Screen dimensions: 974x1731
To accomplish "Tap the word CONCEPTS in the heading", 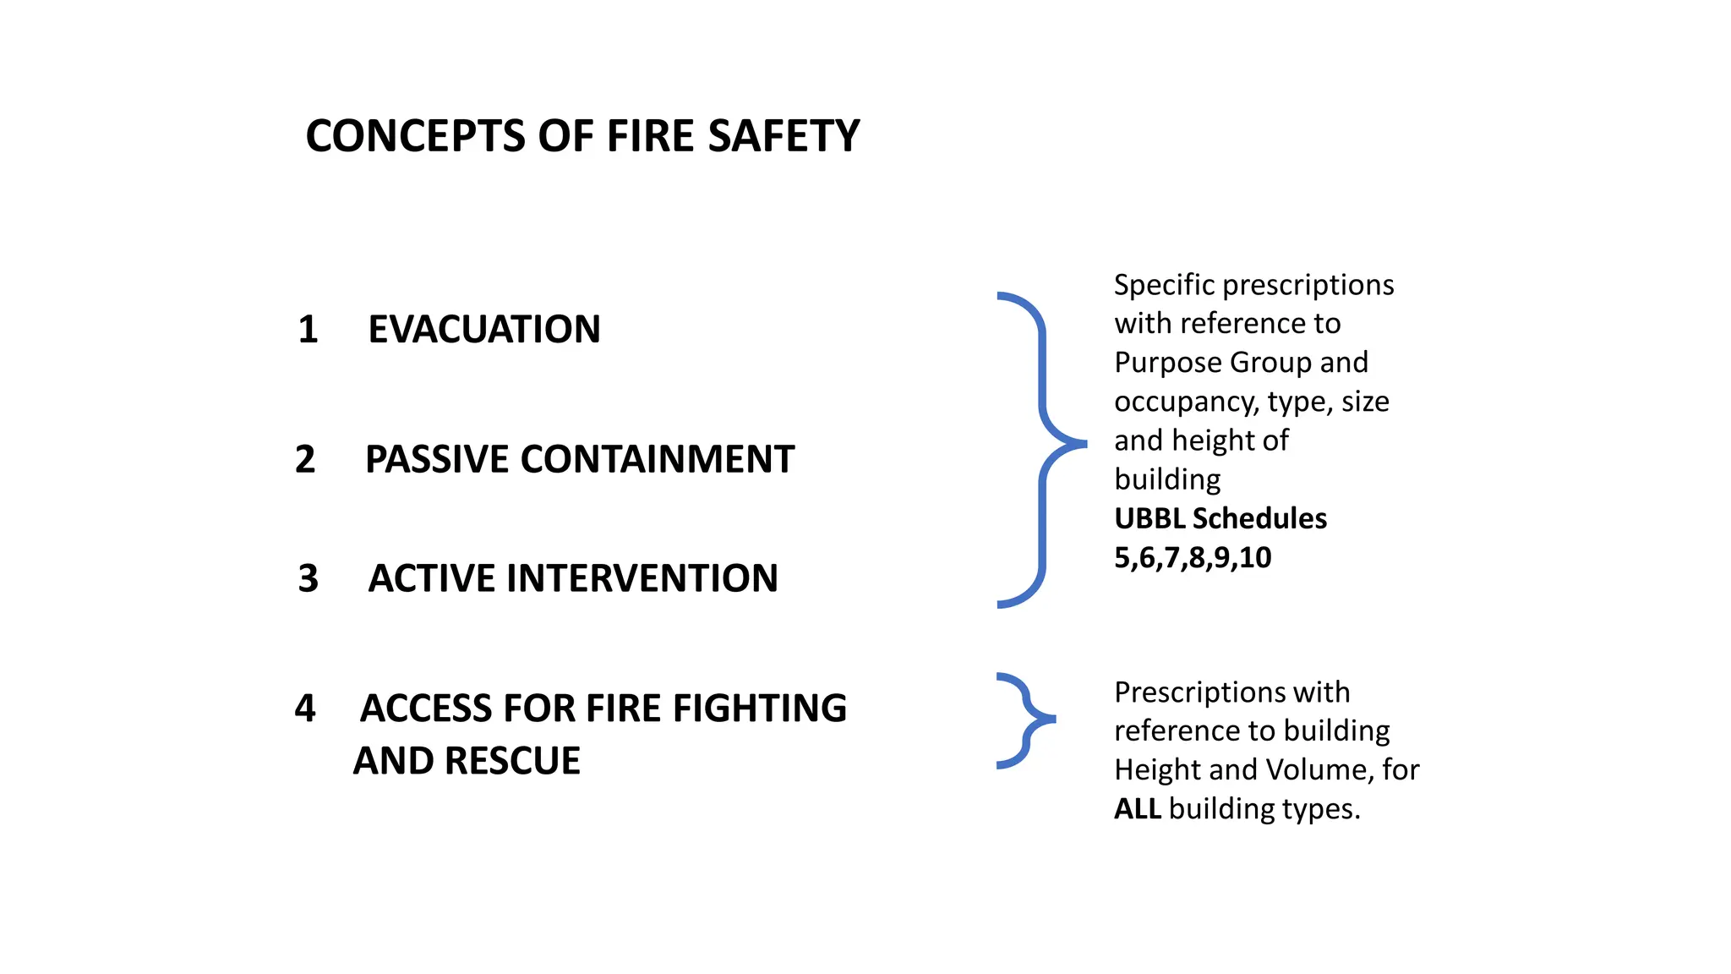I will pyautogui.click(x=415, y=136).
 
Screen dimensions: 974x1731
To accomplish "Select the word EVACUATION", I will pyautogui.click(x=484, y=329).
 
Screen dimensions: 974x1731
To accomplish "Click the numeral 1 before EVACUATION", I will pyautogui.click(x=308, y=329).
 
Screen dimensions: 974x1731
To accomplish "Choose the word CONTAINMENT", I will pyautogui.click(x=657, y=459).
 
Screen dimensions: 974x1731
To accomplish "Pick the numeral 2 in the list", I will pyautogui.click(x=305, y=459).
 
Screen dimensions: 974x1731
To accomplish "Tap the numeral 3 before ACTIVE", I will pyautogui.click(x=309, y=578).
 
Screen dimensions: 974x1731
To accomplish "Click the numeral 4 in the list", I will pyautogui.click(x=305, y=709).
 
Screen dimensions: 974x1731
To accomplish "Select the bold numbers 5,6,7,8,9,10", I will pyautogui.click(x=1193, y=557).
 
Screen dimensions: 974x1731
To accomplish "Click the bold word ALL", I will pyautogui.click(x=1138, y=809).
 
